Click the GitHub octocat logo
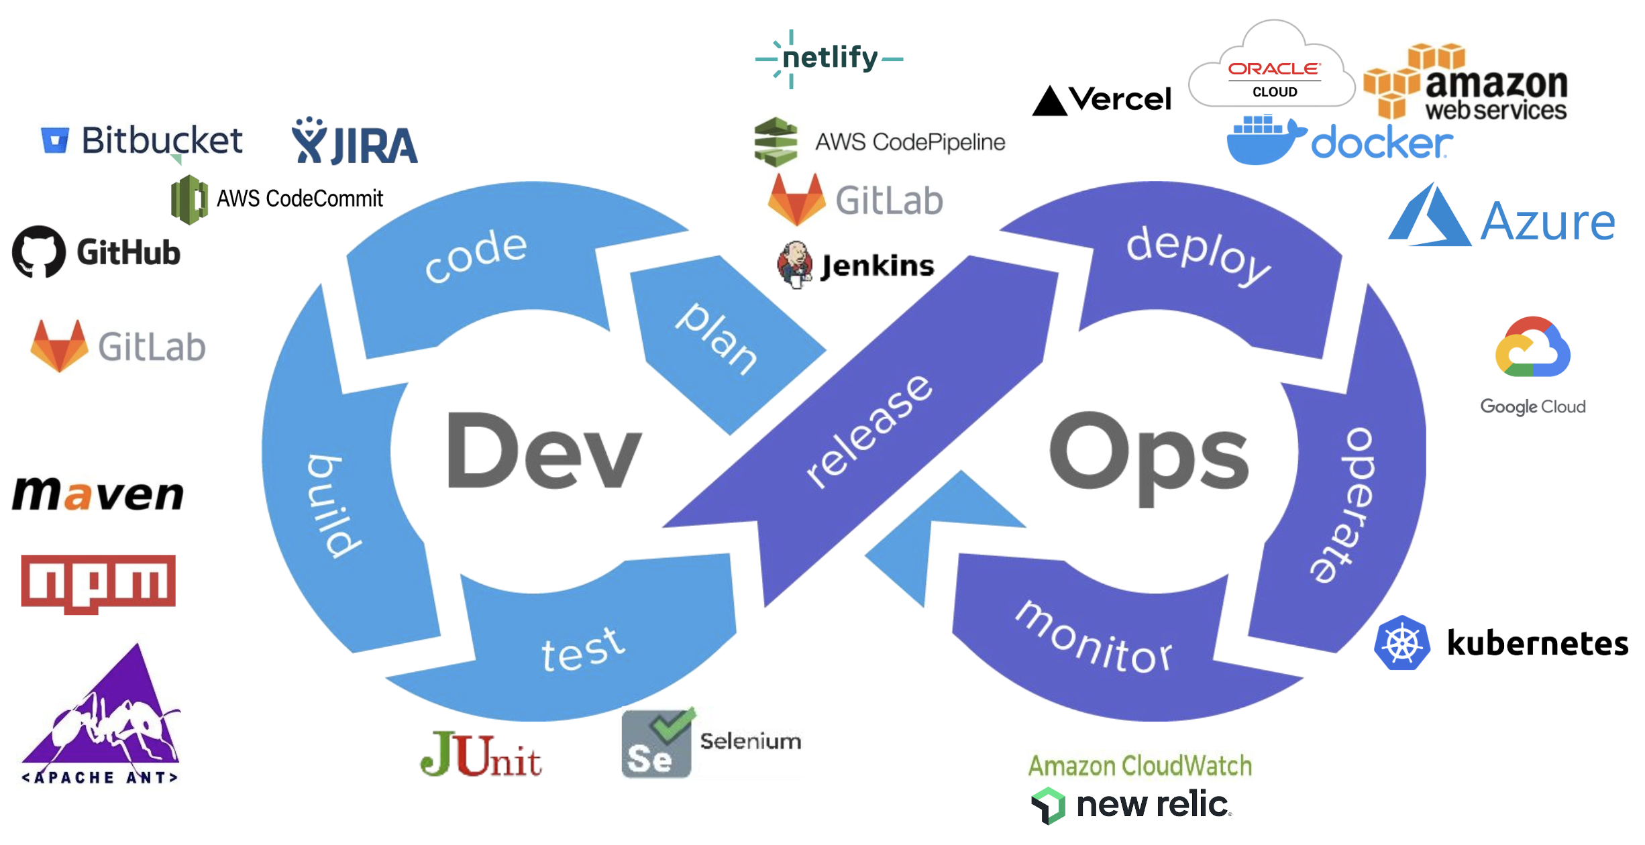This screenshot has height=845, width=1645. point(39,252)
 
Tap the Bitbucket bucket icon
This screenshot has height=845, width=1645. point(55,140)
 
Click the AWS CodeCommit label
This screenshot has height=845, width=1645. point(299,199)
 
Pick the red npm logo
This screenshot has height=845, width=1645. point(98,582)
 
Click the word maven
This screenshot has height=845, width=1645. point(98,494)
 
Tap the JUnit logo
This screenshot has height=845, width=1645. point(480,756)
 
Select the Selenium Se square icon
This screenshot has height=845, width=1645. point(656,744)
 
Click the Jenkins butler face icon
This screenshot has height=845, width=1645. point(795,264)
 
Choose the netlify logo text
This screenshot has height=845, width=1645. point(830,58)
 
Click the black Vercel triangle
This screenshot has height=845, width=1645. point(1049,102)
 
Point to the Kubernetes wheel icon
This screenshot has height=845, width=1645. point(1401,643)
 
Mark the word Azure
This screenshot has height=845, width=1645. point(1547,222)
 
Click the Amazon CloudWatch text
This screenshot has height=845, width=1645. point(1140,766)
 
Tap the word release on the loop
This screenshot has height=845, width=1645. point(869,433)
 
